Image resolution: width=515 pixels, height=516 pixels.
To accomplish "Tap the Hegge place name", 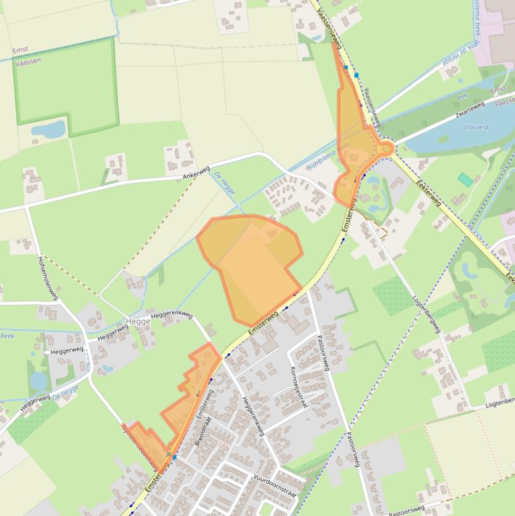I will pos(139,322).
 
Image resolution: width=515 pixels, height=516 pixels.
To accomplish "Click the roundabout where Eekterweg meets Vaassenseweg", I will pos(386,148).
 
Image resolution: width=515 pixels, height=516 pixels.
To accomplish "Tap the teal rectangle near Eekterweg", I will pos(465,180).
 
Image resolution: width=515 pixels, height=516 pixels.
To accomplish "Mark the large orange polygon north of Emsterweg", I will pos(251,265).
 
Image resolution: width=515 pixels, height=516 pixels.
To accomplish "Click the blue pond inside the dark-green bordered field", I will pos(48,129).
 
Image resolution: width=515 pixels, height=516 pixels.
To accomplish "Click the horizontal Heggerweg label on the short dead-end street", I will pos(66,350).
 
